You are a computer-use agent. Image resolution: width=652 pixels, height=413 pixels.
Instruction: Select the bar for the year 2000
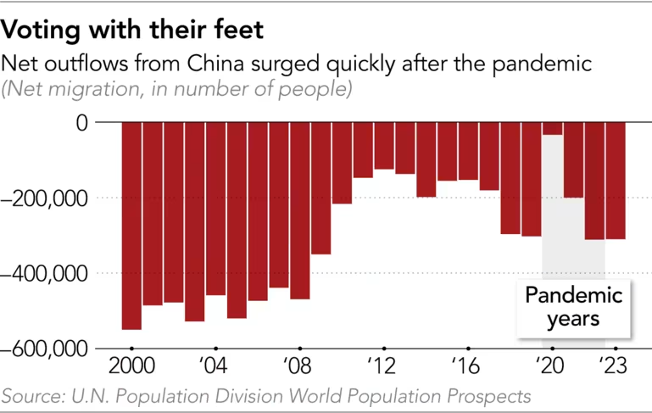[x=131, y=225]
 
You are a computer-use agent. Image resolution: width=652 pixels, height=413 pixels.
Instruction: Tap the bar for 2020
[x=552, y=129]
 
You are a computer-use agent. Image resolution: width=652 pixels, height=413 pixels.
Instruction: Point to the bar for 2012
[x=383, y=145]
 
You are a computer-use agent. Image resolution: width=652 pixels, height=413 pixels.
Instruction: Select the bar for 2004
[x=215, y=209]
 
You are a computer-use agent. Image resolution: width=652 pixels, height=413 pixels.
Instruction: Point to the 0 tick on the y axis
[x=81, y=123]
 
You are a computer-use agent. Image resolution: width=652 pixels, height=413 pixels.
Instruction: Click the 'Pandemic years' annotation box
[x=573, y=308]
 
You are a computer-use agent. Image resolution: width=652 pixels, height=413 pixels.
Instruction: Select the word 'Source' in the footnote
[x=31, y=396]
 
